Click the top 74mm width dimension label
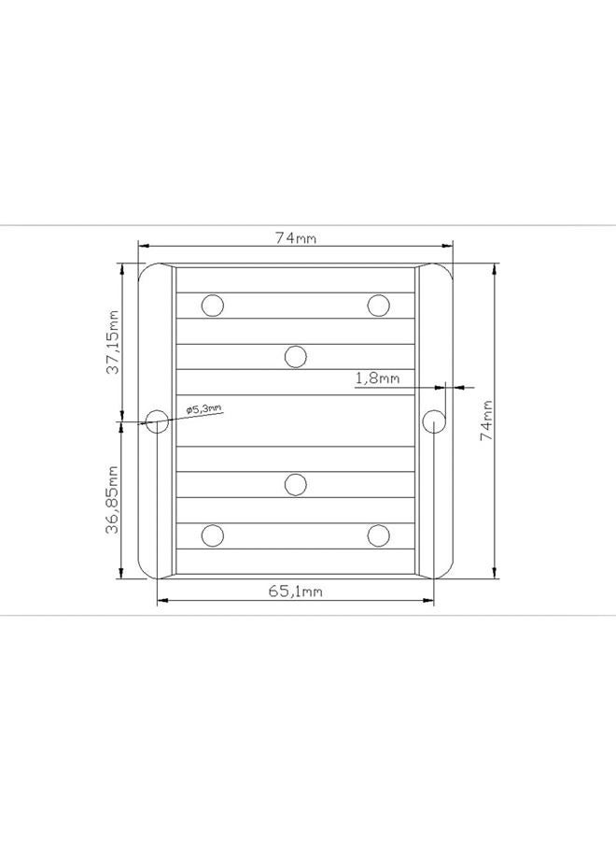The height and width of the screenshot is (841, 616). pos(296,237)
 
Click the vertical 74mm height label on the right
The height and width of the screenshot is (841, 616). pos(486,420)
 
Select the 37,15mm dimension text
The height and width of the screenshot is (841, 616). pos(113,342)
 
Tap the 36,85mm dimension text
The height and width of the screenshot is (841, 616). pos(112,500)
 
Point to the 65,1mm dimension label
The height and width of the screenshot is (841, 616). pos(295,592)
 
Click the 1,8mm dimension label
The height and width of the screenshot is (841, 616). pos(378,378)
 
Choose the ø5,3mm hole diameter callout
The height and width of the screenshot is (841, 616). pos(203,408)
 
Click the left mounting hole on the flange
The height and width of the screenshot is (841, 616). pos(157,421)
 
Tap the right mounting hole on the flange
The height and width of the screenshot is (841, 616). pos(434,421)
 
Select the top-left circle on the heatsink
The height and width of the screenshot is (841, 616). pos(213,306)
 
